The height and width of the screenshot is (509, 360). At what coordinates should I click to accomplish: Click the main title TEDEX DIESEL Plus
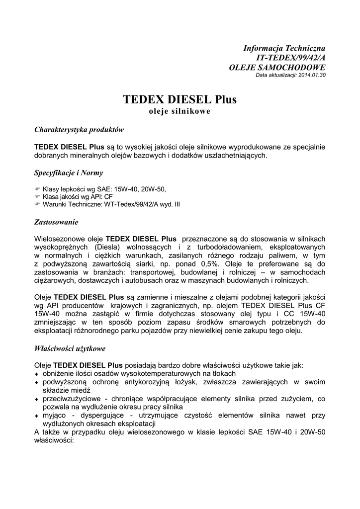pos(180,99)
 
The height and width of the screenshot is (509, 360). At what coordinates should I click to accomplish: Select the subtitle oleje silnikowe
pos(180,111)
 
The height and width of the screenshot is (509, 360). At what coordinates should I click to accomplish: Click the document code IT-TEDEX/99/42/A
pos(290,58)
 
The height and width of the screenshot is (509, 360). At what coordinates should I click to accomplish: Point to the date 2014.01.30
pos(311,75)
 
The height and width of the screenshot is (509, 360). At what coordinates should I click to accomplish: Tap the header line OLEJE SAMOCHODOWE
pos(277,67)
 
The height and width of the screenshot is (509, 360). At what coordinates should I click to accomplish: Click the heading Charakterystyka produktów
pos(79,129)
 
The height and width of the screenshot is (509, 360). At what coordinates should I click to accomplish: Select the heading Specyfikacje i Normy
pos(69,173)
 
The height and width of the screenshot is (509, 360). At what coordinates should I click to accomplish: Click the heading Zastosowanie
pos(56,221)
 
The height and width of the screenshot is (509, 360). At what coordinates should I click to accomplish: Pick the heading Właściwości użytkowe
pos(70,348)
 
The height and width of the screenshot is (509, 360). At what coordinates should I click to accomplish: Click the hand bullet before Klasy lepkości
pos(37,189)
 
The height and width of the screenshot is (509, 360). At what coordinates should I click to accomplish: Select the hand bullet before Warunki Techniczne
pos(37,204)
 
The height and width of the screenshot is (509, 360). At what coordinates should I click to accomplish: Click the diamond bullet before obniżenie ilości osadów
pos(36,374)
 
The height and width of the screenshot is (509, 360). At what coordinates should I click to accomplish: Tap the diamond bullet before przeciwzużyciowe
pos(36,399)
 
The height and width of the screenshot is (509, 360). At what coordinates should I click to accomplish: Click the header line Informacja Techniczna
pos(284,48)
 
